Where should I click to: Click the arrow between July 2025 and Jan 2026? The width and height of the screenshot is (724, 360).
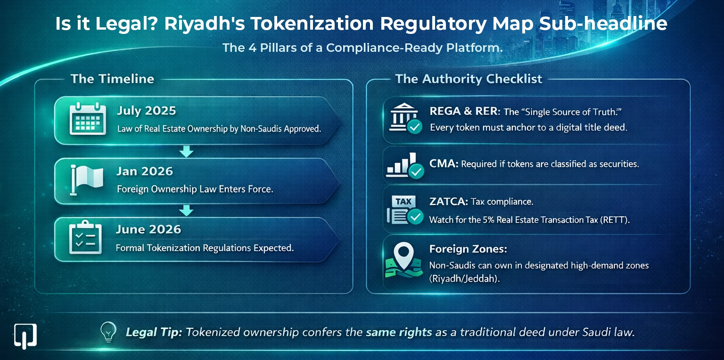tap(187, 151)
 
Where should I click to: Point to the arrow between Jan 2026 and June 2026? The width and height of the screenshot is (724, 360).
tap(187, 210)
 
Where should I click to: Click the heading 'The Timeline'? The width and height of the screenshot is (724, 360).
tap(112, 79)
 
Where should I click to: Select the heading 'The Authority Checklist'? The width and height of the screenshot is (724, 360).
tap(469, 79)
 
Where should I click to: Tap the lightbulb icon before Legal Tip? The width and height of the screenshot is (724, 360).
tap(108, 331)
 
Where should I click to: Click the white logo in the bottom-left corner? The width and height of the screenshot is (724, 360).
tap(25, 335)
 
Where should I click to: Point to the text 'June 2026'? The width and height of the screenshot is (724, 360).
tap(148, 229)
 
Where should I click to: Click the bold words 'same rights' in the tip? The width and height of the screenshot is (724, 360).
tap(399, 332)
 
